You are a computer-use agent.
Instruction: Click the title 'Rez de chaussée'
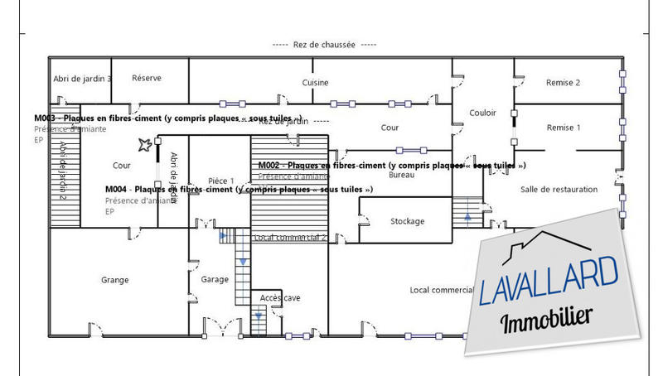tap(323, 45)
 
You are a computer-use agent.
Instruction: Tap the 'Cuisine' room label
tap(315, 83)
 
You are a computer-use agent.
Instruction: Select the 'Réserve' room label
tap(147, 79)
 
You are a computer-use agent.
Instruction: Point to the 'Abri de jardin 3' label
tap(82, 79)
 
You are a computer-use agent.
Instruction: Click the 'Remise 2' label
tap(563, 83)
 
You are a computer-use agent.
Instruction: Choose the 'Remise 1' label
tap(563, 128)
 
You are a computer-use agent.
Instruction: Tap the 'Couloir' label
tap(482, 113)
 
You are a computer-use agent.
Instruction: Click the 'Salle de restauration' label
tap(559, 190)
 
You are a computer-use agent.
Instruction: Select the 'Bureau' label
tap(401, 176)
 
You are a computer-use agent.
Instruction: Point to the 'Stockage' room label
tap(407, 221)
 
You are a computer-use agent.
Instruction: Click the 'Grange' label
tap(114, 280)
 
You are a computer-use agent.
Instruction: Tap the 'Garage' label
tap(215, 280)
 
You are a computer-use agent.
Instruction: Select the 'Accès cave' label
tap(281, 297)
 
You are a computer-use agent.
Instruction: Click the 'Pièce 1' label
tap(220, 181)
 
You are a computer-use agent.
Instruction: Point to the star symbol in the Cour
tap(145, 146)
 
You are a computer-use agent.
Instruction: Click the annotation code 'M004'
tap(116, 190)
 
